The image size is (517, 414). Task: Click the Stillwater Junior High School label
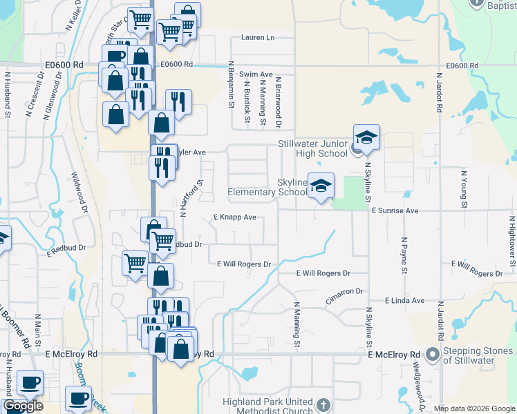click(x=312, y=148)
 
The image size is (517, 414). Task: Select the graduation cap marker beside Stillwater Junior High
click(x=367, y=137)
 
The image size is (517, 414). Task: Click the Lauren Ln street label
click(x=258, y=38)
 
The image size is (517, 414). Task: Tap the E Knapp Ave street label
click(x=235, y=217)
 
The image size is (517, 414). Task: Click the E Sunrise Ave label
click(x=395, y=210)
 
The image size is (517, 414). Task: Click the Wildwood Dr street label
click(x=80, y=193)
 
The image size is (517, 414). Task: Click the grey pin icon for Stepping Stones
click(x=433, y=355)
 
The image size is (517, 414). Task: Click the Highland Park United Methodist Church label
click(x=268, y=406)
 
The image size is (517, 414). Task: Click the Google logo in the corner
click(x=23, y=406)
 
